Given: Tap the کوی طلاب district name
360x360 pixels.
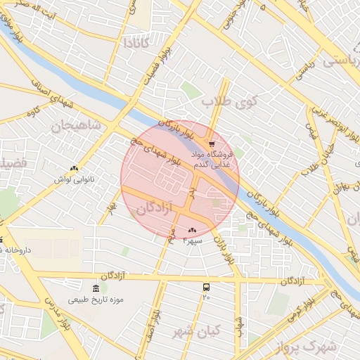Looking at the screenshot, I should [x=231, y=102].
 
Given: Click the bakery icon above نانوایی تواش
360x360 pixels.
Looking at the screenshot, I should [x=75, y=168].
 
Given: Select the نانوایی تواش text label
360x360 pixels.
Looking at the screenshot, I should [x=74, y=179].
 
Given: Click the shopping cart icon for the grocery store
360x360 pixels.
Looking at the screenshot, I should [x=212, y=144].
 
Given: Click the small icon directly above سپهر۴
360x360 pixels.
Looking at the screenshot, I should [x=192, y=230].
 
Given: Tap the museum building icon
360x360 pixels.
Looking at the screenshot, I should [x=96, y=288].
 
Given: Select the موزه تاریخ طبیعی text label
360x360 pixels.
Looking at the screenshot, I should [x=96, y=300].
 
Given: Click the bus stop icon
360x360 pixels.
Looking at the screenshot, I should [x=206, y=287].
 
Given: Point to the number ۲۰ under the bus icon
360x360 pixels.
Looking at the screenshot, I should [x=206, y=297].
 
